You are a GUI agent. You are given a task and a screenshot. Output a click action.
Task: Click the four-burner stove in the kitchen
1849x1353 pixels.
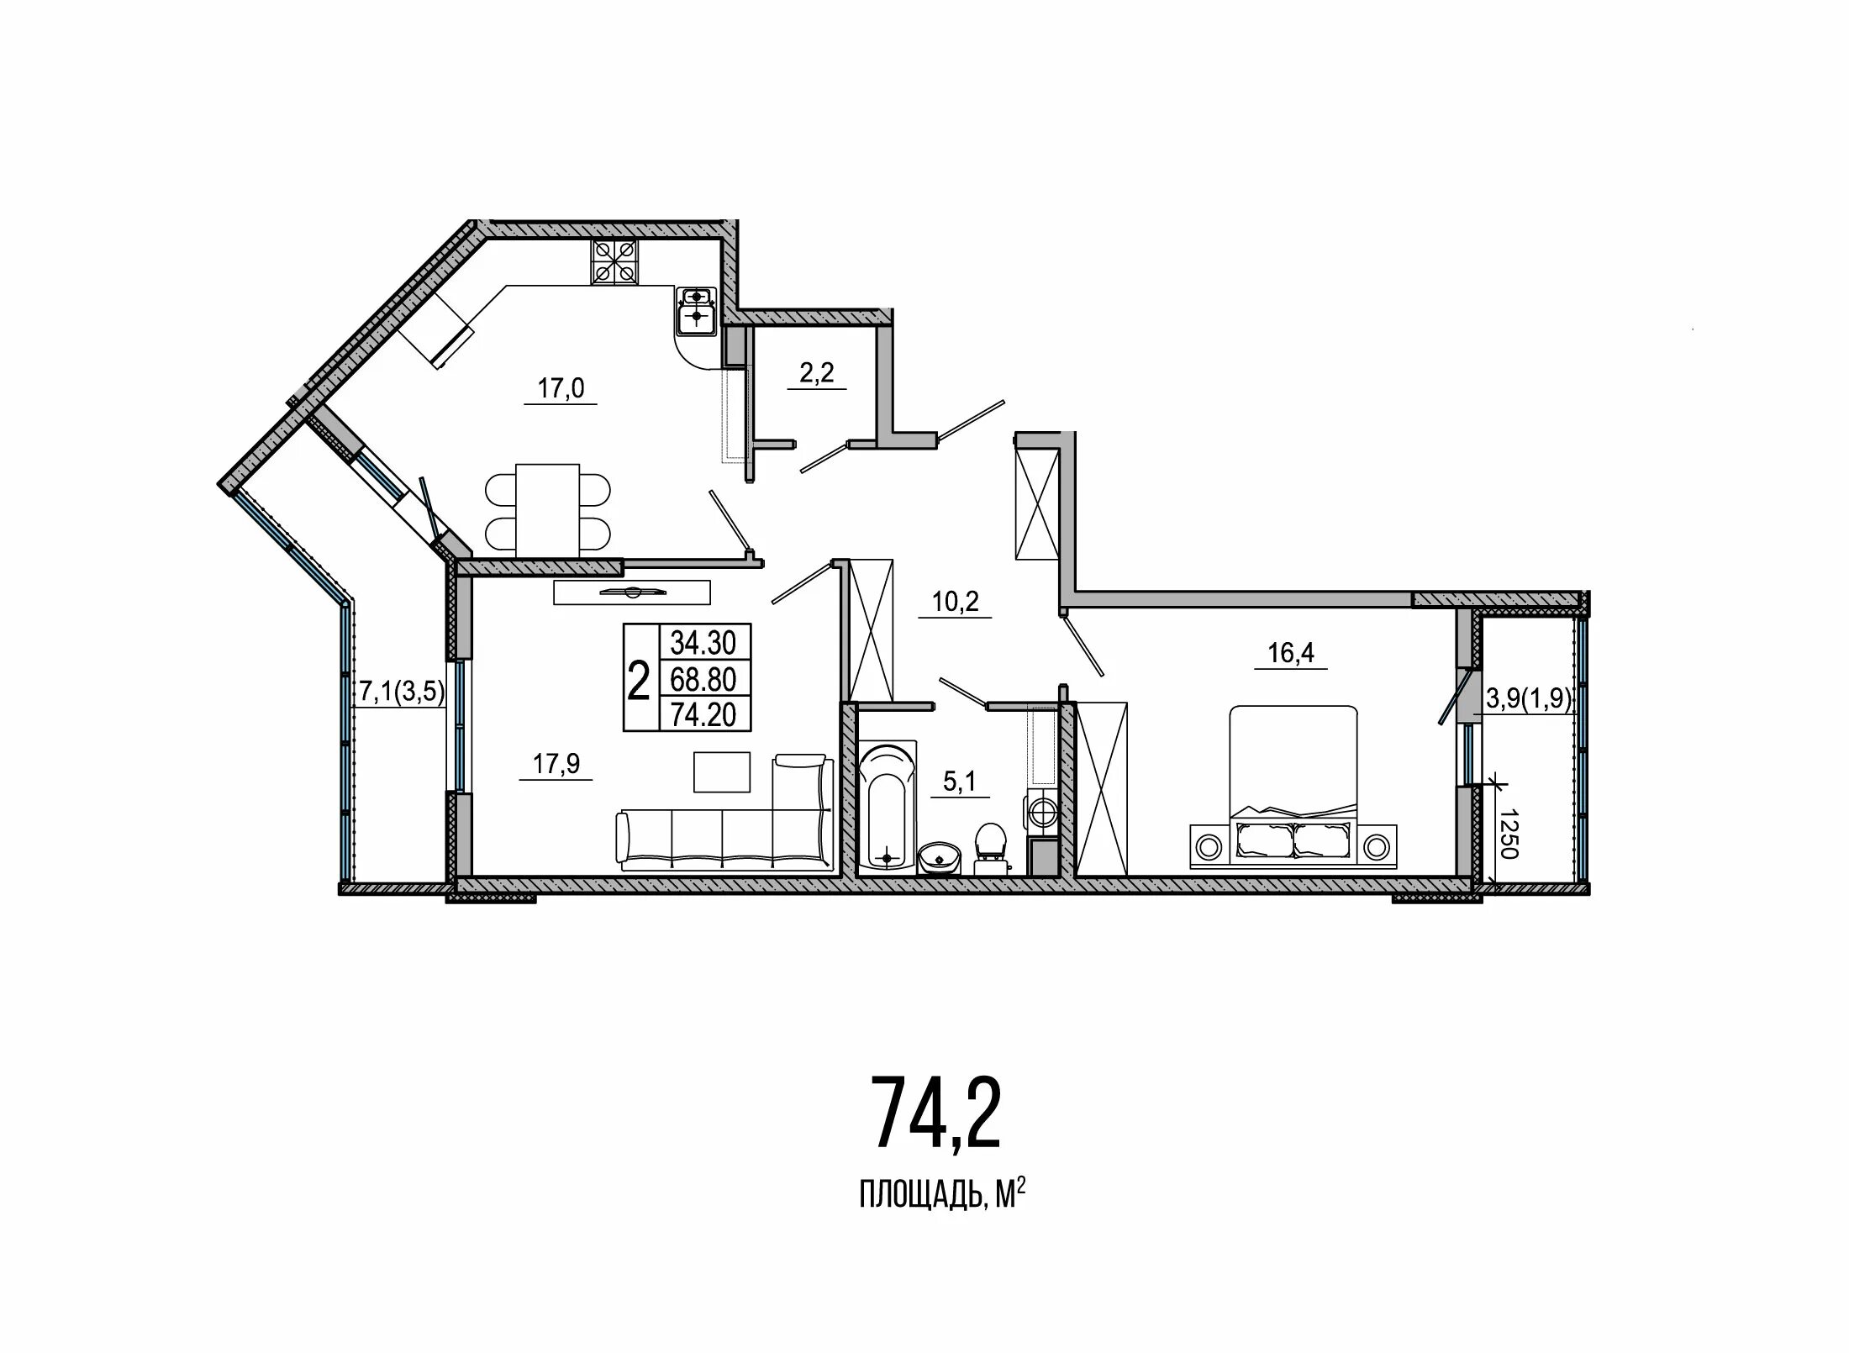tap(614, 261)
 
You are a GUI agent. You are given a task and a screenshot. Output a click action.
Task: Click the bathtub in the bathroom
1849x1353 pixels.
tap(887, 805)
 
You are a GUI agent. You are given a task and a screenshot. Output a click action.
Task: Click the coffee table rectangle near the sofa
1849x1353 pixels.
tap(722, 771)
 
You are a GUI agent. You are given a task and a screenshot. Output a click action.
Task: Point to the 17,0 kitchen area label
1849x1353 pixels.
tap(561, 388)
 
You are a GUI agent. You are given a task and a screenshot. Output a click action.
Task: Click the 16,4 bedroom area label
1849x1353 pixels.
tap(1291, 653)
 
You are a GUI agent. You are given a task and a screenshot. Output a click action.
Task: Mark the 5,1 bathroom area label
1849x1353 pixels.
tap(959, 782)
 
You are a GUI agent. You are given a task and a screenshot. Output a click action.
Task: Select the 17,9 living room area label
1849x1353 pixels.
tap(556, 765)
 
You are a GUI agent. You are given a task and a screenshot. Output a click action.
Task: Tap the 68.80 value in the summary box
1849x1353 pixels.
tap(703, 678)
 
